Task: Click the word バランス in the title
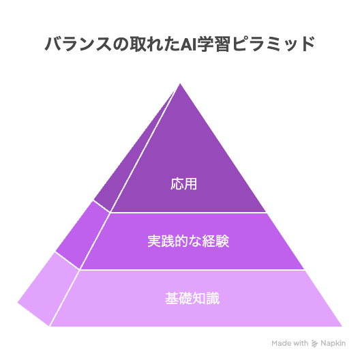point(78,44)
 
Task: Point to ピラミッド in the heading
point(273,44)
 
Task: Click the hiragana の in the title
point(121,44)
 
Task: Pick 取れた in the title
point(155,44)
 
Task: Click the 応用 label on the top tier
point(183,183)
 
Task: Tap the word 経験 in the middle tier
point(215,241)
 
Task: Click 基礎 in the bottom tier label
point(179,298)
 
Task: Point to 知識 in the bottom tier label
point(206,298)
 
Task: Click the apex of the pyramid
point(180,83)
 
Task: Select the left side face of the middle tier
point(82,235)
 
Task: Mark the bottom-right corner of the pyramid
point(342,326)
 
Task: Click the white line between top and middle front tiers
point(188,213)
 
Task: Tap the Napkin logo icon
point(314,344)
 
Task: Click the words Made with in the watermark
point(290,343)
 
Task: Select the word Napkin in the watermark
point(333,344)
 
